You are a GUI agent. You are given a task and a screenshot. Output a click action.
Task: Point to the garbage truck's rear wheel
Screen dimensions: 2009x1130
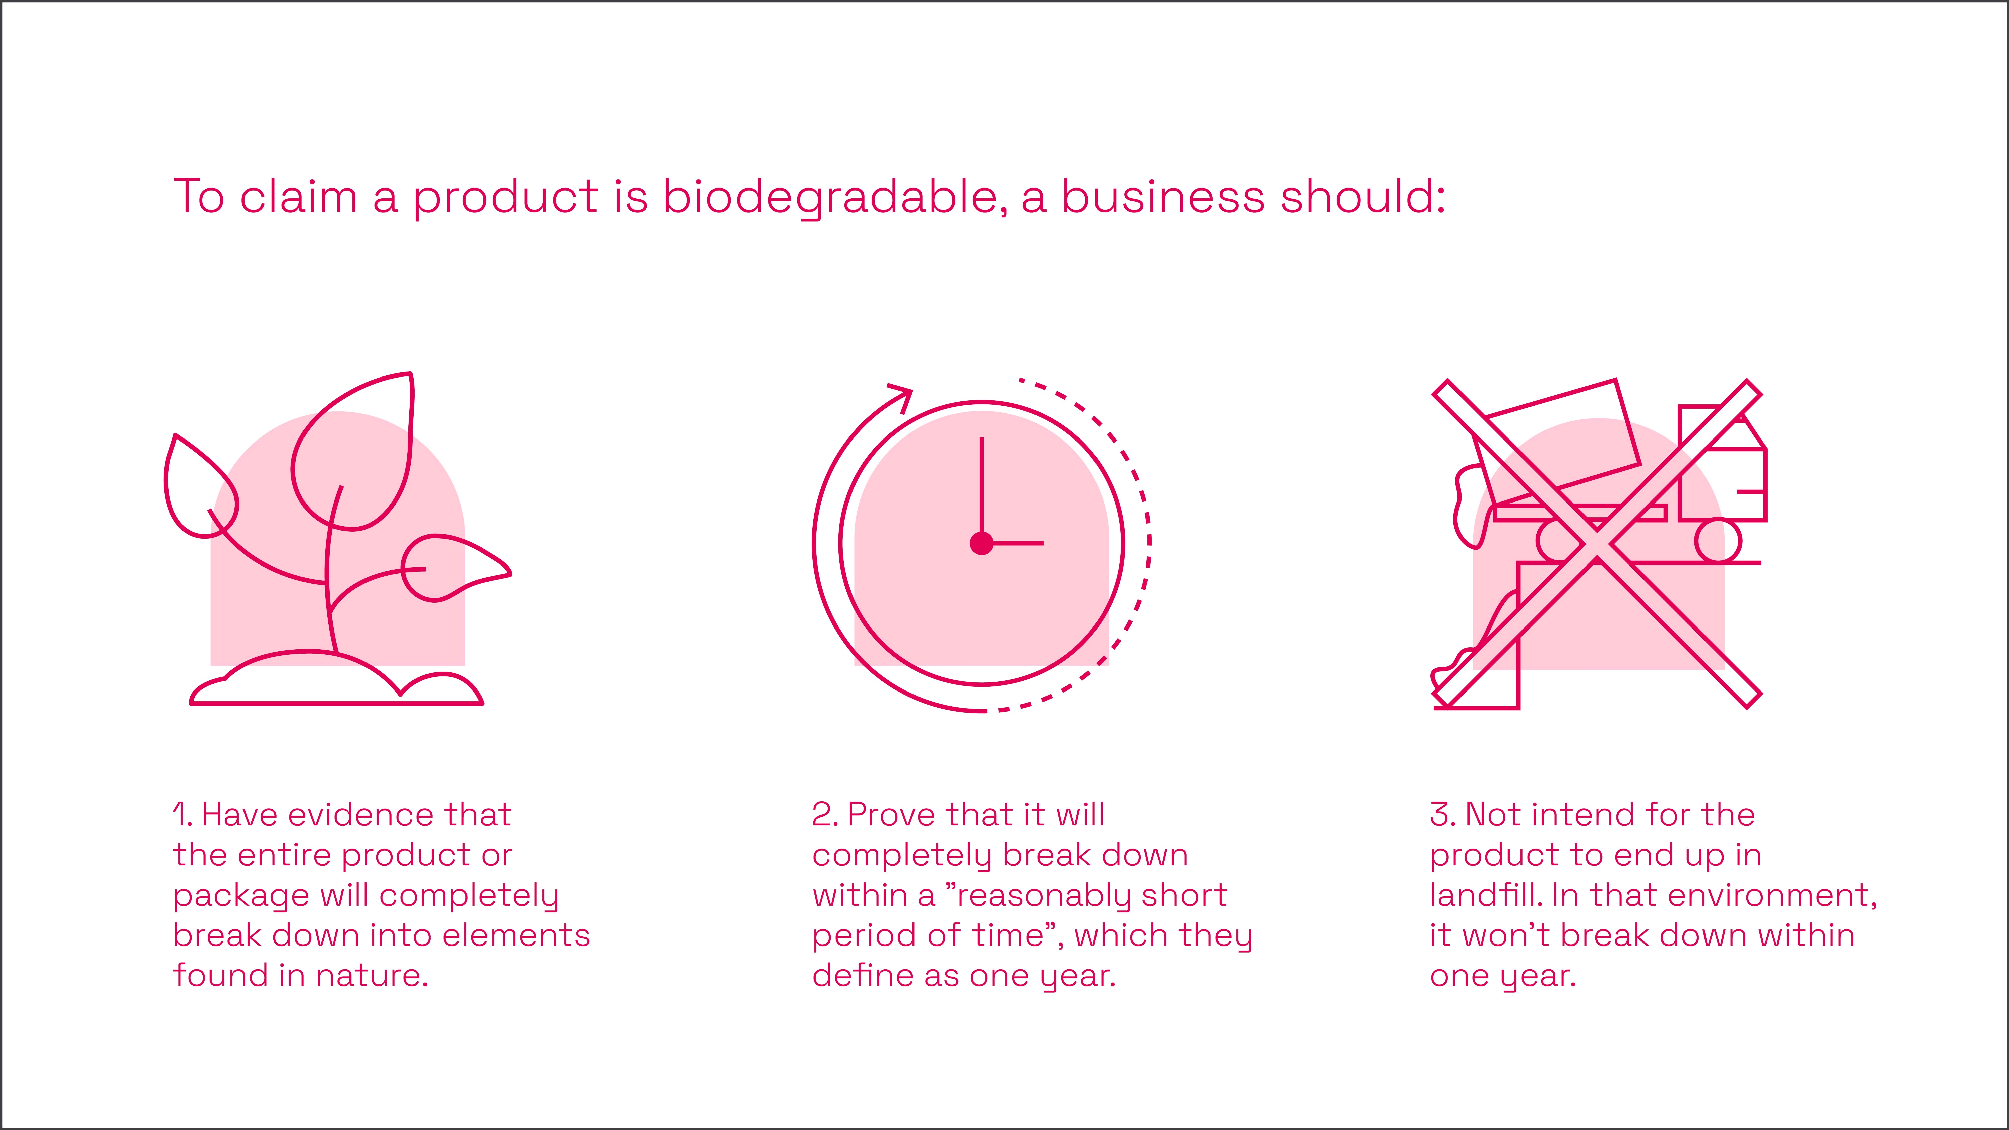(x=1718, y=540)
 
